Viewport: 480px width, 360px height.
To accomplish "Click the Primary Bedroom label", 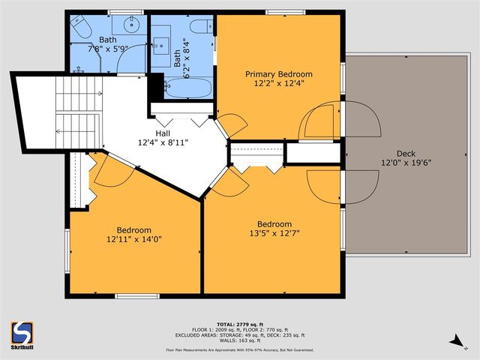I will click(x=279, y=74).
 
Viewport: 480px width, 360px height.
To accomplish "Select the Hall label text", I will click(x=162, y=133).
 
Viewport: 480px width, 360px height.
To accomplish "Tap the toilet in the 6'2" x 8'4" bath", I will click(x=201, y=27).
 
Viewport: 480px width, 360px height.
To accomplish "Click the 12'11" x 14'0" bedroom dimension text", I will click(x=133, y=239).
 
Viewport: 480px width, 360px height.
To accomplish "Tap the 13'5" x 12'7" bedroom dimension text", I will click(x=274, y=234).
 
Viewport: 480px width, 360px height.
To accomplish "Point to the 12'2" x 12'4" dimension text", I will click(x=279, y=84).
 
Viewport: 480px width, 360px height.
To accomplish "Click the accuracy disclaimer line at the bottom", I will click(x=240, y=349).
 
